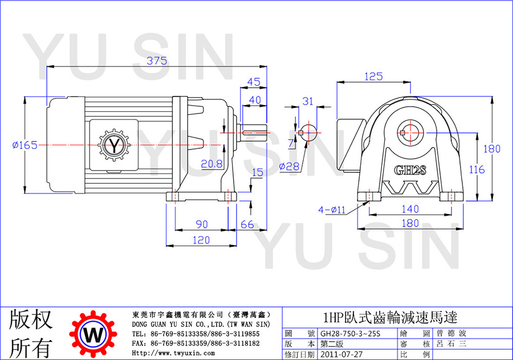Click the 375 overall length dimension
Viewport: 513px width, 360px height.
[x=157, y=60]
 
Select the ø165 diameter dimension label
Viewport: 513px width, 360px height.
[x=25, y=145]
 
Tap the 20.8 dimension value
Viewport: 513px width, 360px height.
[x=211, y=164]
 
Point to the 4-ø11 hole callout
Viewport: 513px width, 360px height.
[x=332, y=209]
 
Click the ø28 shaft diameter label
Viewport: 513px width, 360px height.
[x=289, y=167]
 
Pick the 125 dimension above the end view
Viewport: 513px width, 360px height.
[x=373, y=76]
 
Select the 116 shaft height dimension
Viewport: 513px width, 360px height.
[x=477, y=169]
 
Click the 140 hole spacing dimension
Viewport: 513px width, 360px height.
[x=410, y=209]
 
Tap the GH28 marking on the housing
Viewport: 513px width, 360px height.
[x=410, y=171]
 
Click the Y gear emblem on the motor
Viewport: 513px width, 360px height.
[x=114, y=145]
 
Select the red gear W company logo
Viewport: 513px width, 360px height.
[x=93, y=334]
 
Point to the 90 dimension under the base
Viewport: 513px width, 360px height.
[x=202, y=224]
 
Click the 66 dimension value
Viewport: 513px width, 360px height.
[x=247, y=224]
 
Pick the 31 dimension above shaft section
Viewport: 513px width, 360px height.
[x=308, y=101]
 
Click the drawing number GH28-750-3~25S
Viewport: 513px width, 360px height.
[x=351, y=333]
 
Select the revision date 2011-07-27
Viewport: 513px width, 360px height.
[x=341, y=354]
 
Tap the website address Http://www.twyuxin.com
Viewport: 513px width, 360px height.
[x=173, y=353]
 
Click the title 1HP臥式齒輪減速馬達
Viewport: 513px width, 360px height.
[x=390, y=317]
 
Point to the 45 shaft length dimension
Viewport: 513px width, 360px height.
[x=254, y=82]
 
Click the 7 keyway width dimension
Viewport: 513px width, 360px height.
[x=291, y=143]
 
